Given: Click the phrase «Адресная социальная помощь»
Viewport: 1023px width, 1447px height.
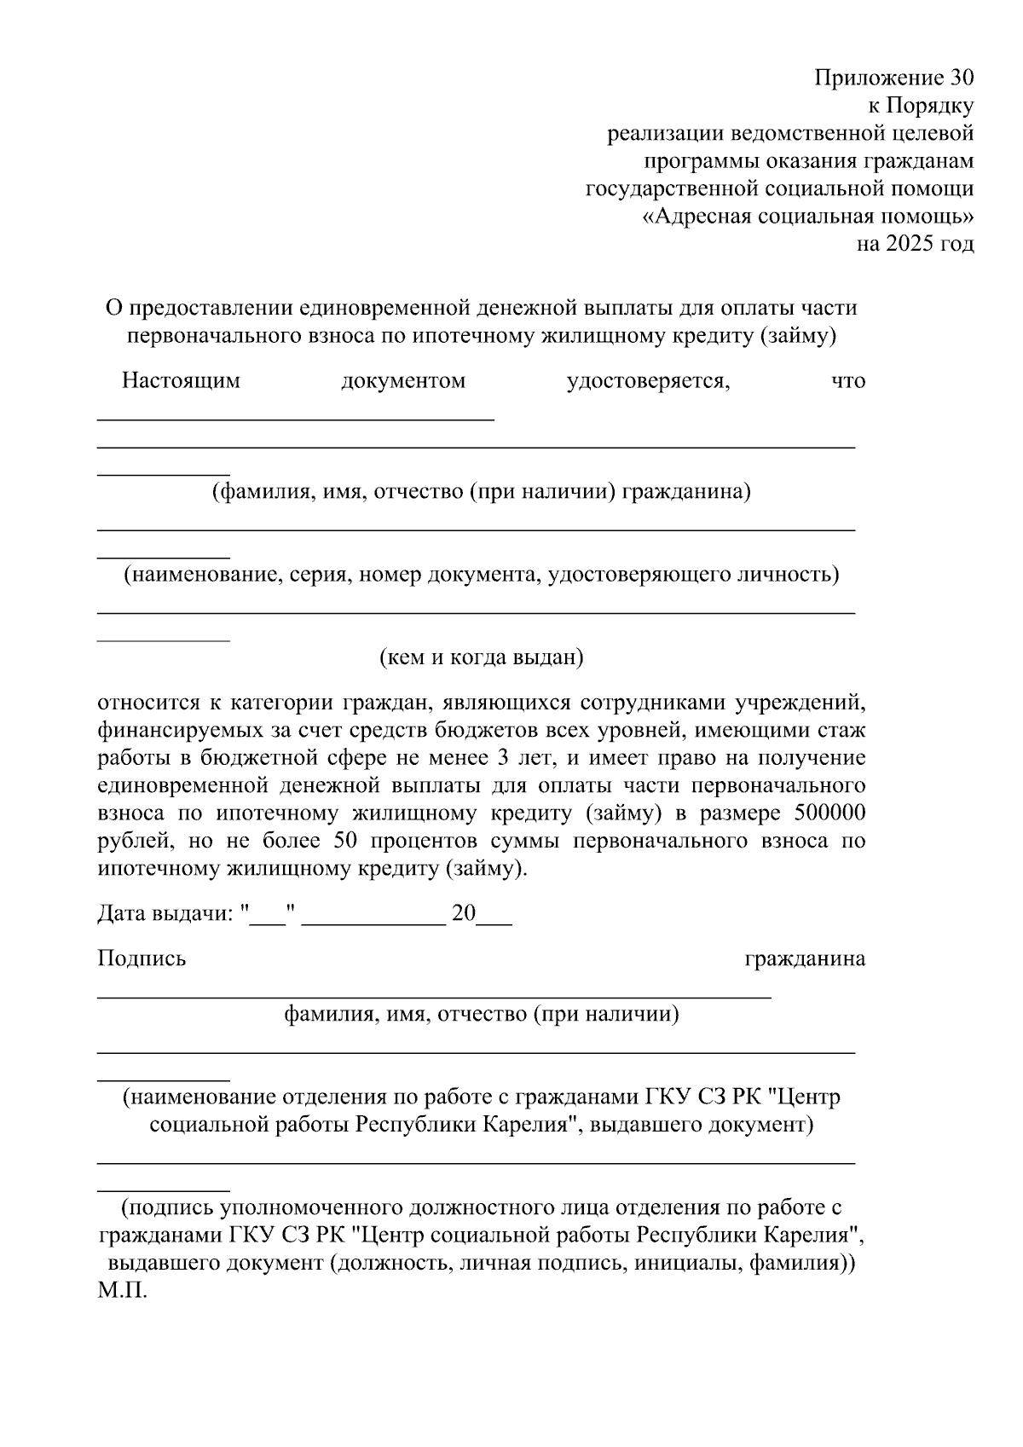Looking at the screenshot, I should coord(807,217).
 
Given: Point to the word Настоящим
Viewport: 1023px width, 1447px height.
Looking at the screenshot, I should coord(181,380).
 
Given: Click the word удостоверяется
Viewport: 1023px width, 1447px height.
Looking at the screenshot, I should coord(648,380).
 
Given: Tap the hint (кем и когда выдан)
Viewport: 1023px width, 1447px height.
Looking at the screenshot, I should coord(481,657).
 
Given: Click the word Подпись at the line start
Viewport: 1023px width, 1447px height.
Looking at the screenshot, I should coord(142,958).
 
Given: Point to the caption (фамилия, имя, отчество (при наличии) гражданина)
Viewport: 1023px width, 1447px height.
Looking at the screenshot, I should coord(481,492).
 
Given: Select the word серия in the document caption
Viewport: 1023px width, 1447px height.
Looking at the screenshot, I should coord(321,575).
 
